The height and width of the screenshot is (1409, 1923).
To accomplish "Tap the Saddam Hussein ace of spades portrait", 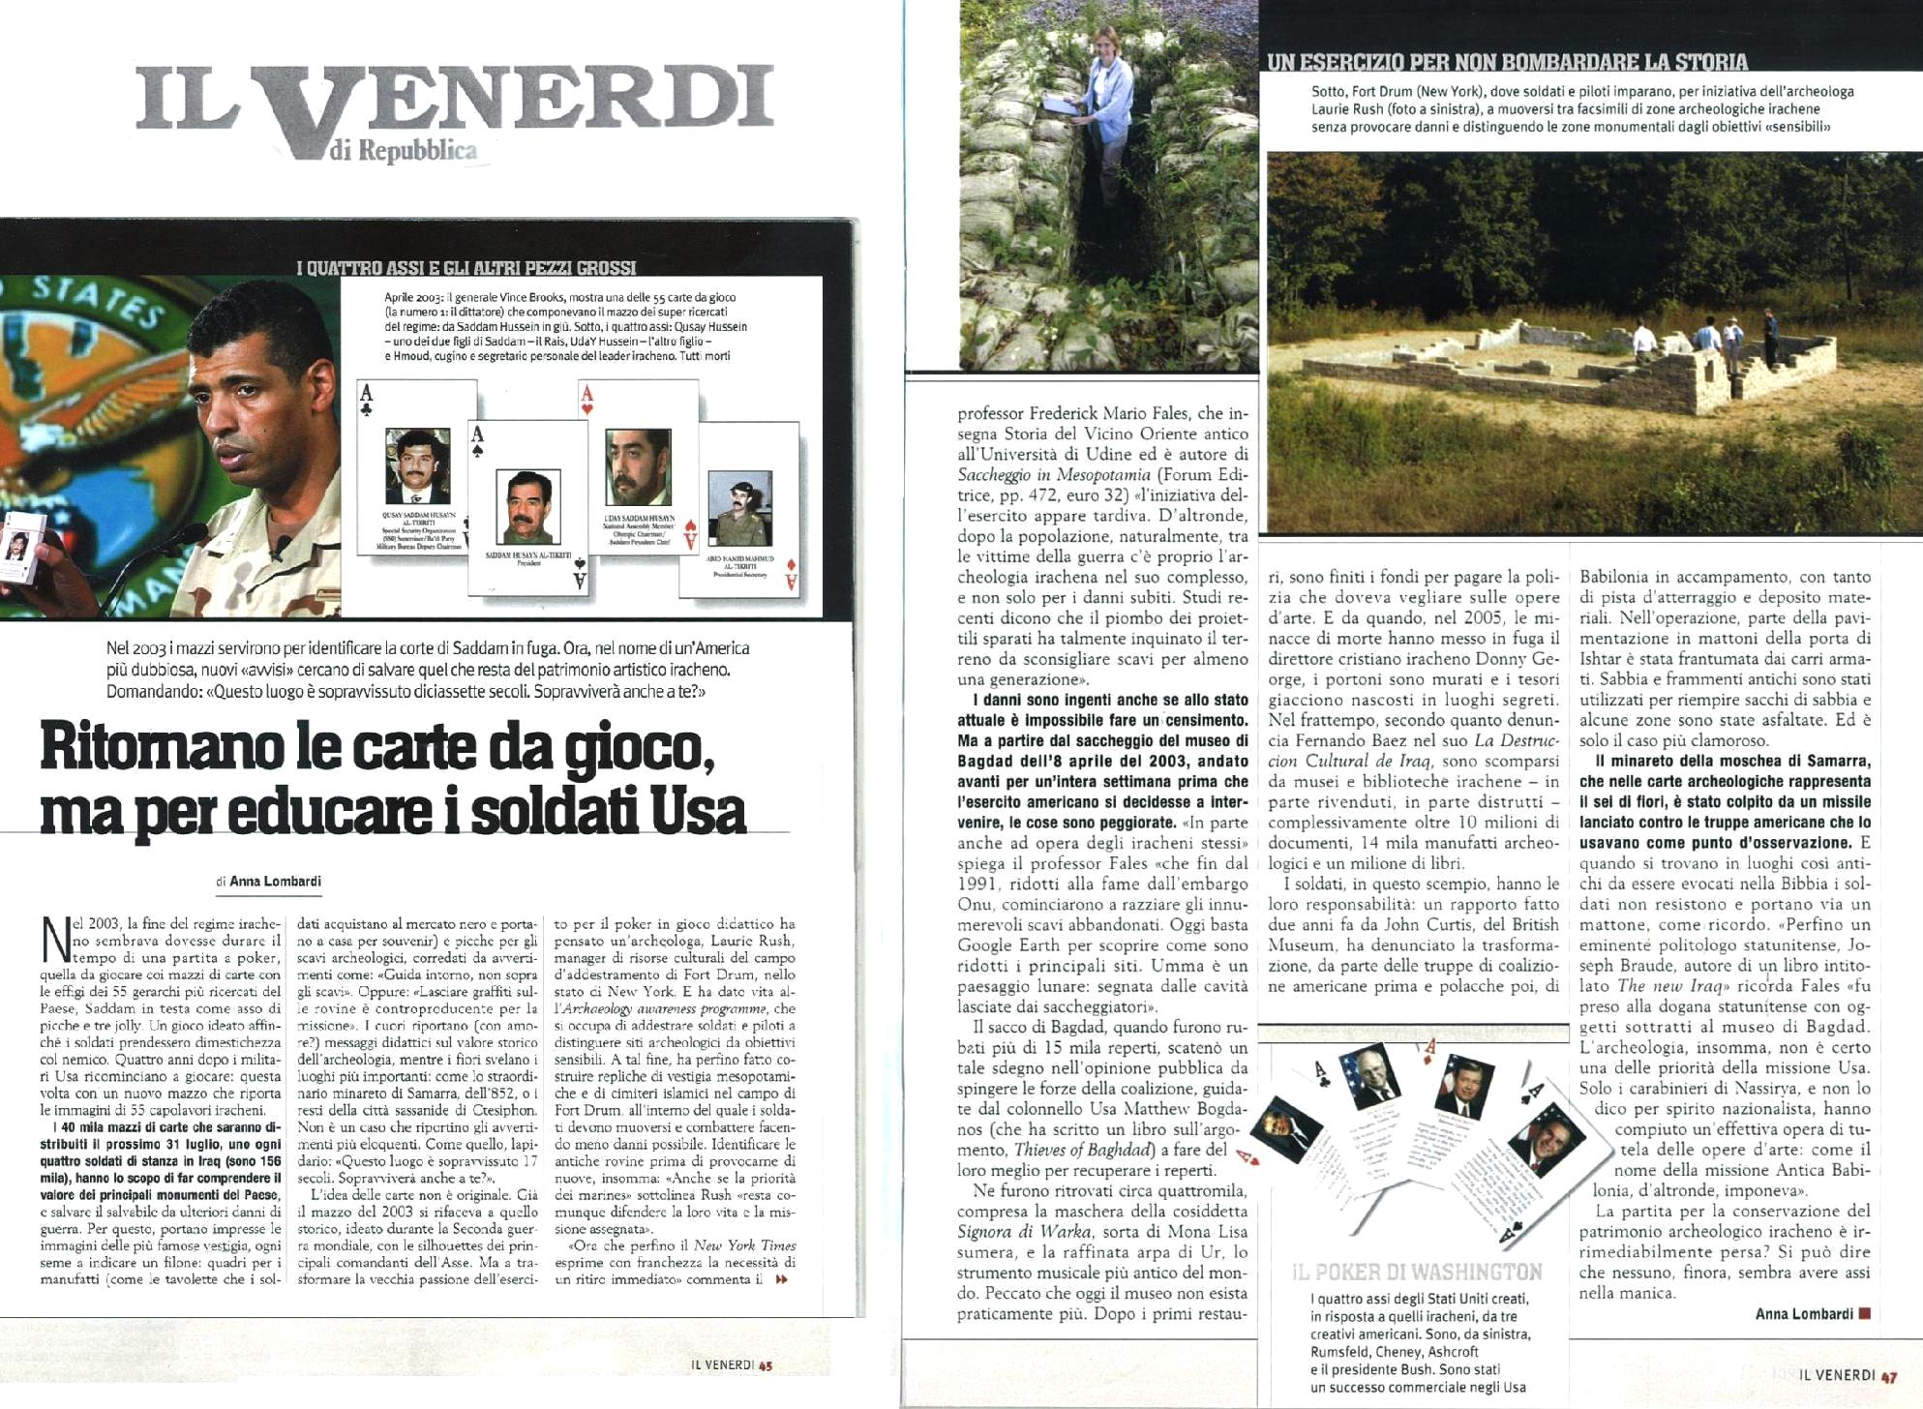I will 527,505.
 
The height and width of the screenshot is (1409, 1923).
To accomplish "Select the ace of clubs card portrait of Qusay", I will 417,466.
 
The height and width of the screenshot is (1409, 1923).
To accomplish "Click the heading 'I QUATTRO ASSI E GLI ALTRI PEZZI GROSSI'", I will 466,268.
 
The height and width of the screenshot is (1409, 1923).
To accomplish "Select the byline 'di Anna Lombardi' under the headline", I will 268,882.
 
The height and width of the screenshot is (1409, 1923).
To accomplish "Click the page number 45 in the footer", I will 766,1365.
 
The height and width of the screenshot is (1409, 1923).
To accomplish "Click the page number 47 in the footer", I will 1888,1375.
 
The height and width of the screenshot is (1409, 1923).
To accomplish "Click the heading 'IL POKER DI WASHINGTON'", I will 1417,1272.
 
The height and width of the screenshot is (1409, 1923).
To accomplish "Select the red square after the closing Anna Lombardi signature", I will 1865,1314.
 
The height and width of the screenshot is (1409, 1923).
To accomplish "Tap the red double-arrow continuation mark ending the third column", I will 782,1279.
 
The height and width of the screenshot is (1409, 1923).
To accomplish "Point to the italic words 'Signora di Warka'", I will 1017,1232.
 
